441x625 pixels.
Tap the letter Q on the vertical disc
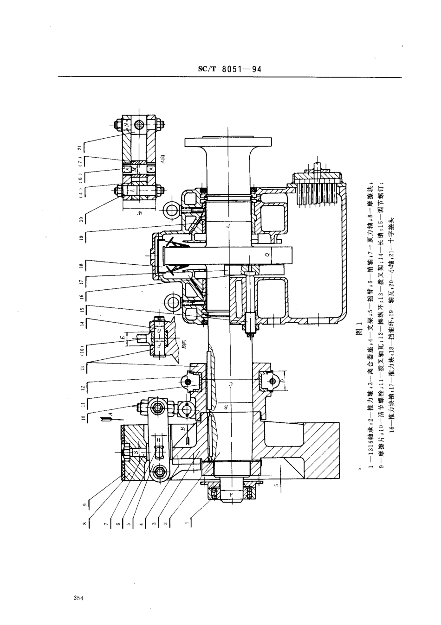[267, 255]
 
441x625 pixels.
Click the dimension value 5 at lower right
[275, 485]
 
